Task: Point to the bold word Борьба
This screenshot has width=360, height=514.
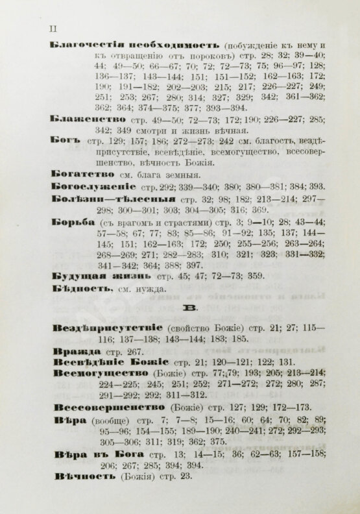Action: [68, 223]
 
